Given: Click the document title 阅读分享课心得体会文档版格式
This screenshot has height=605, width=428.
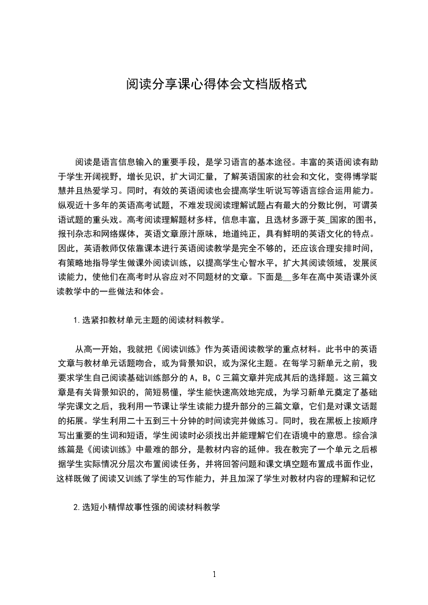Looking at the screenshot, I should coord(216,85).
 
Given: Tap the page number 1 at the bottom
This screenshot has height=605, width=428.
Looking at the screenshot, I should coord(214,574).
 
